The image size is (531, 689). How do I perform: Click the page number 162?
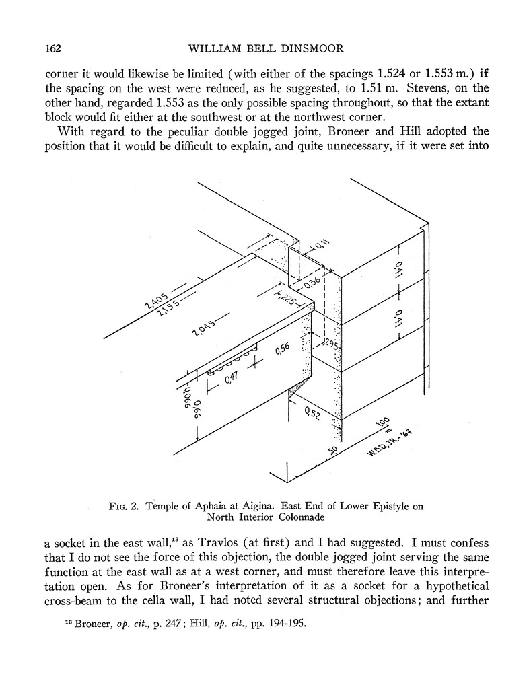[53, 49]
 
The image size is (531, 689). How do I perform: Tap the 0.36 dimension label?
[312, 283]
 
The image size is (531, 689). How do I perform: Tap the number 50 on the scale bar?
[332, 449]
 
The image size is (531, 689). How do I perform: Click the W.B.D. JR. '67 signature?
[388, 443]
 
